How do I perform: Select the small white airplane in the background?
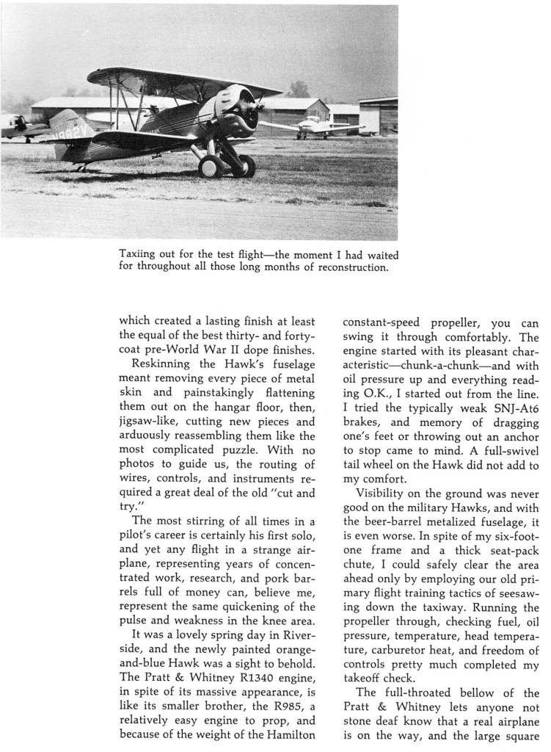(312, 126)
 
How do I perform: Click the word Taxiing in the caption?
(137, 254)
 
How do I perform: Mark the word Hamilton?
(285, 737)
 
